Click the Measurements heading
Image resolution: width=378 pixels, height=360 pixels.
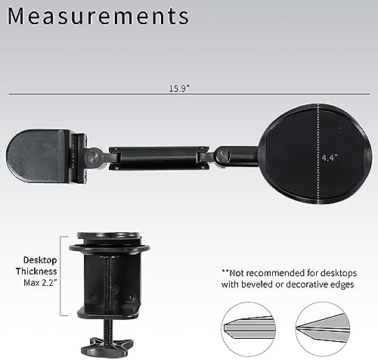tap(98, 17)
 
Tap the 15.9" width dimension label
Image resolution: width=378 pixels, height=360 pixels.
tap(179, 88)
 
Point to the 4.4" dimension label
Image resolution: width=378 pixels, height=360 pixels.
tap(330, 158)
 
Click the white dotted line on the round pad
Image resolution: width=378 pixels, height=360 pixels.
tap(318, 154)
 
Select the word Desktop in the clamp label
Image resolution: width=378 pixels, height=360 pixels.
tap(40, 260)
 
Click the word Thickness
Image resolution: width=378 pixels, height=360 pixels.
tap(36, 272)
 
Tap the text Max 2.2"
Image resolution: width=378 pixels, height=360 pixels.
tap(40, 283)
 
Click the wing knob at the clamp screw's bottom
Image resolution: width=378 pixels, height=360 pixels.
tap(107, 346)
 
